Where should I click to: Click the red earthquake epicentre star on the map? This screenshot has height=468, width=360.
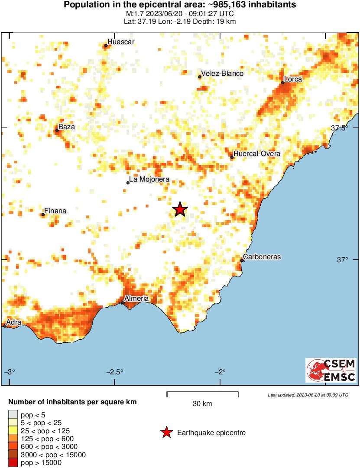click(x=180, y=210)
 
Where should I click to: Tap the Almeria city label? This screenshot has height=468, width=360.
click(x=136, y=299)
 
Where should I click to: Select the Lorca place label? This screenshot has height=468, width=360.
click(x=293, y=79)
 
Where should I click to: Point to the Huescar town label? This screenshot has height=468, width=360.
click(x=121, y=42)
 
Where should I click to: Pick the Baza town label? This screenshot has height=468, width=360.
click(x=67, y=127)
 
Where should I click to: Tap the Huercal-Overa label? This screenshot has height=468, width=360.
click(x=256, y=154)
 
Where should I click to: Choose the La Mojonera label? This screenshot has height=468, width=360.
click(x=149, y=179)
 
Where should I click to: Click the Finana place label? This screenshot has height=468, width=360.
click(x=55, y=211)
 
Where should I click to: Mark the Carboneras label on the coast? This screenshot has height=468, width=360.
click(x=262, y=257)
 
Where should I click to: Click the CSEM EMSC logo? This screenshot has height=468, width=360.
click(x=331, y=370)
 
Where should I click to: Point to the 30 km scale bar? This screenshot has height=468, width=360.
click(x=202, y=393)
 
